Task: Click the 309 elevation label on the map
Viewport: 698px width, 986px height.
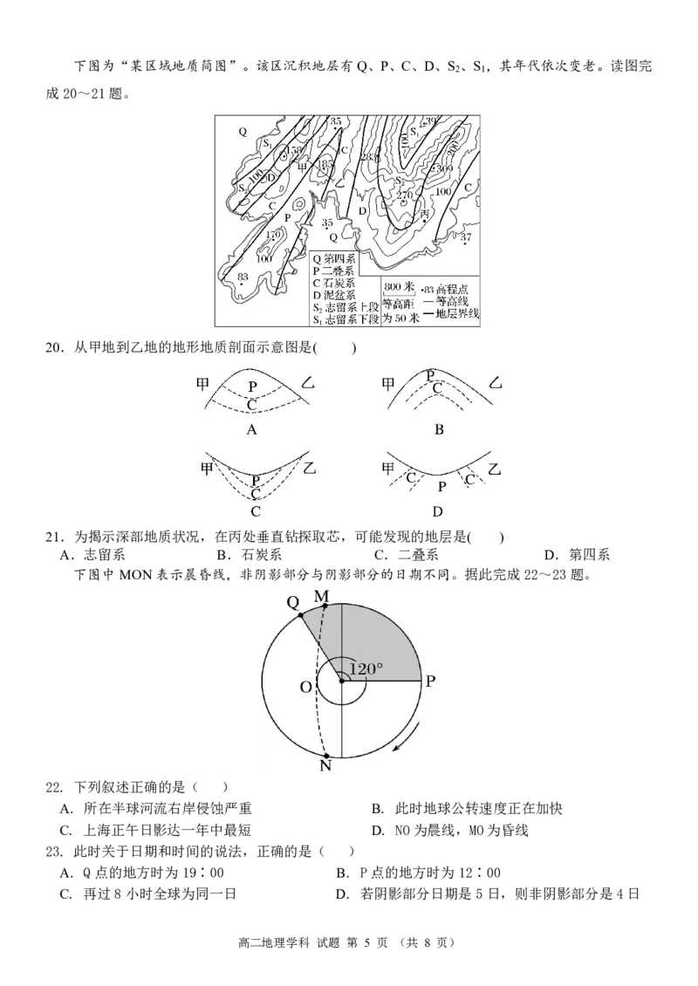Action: (445, 168)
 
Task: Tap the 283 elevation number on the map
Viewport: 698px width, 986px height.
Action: (368, 157)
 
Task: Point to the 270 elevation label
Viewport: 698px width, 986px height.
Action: (404, 195)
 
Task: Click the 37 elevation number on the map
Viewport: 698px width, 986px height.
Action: (466, 236)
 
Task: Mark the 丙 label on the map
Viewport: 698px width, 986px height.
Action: (425, 213)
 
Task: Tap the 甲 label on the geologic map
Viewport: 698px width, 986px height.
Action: (303, 166)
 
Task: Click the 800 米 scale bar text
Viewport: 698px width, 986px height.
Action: (398, 285)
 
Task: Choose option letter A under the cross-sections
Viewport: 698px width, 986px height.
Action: (251, 429)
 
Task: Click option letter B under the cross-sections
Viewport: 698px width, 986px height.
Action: (439, 429)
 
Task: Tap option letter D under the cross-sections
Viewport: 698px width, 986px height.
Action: (437, 511)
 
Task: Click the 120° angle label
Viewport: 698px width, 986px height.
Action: (366, 669)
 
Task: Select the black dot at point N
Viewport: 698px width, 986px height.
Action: (325, 756)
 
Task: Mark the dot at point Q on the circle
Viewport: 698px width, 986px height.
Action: (299, 616)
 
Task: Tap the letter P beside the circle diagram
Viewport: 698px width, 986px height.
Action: (432, 681)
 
